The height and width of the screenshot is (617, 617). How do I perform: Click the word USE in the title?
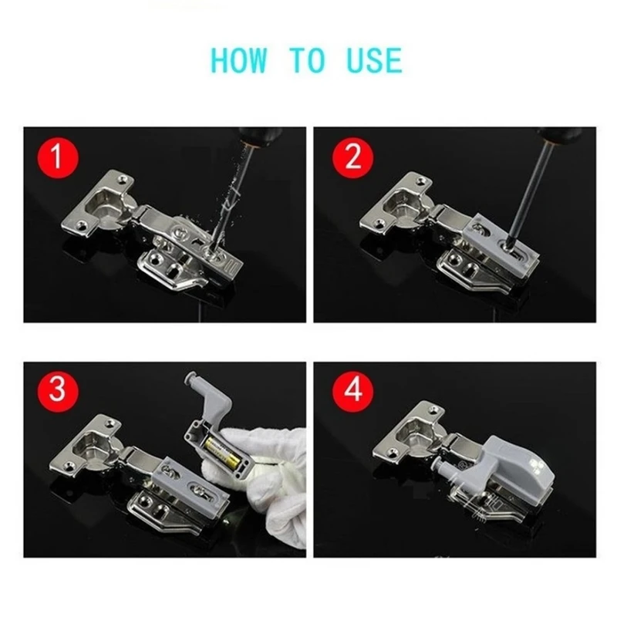tap(373, 60)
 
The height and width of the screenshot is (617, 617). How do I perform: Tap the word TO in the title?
tap(308, 60)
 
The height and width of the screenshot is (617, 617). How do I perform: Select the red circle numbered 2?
tap(352, 159)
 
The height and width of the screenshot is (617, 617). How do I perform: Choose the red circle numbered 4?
tap(352, 391)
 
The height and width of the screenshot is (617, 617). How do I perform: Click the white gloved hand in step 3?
tap(278, 478)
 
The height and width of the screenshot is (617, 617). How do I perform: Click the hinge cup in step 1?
tap(105, 207)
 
